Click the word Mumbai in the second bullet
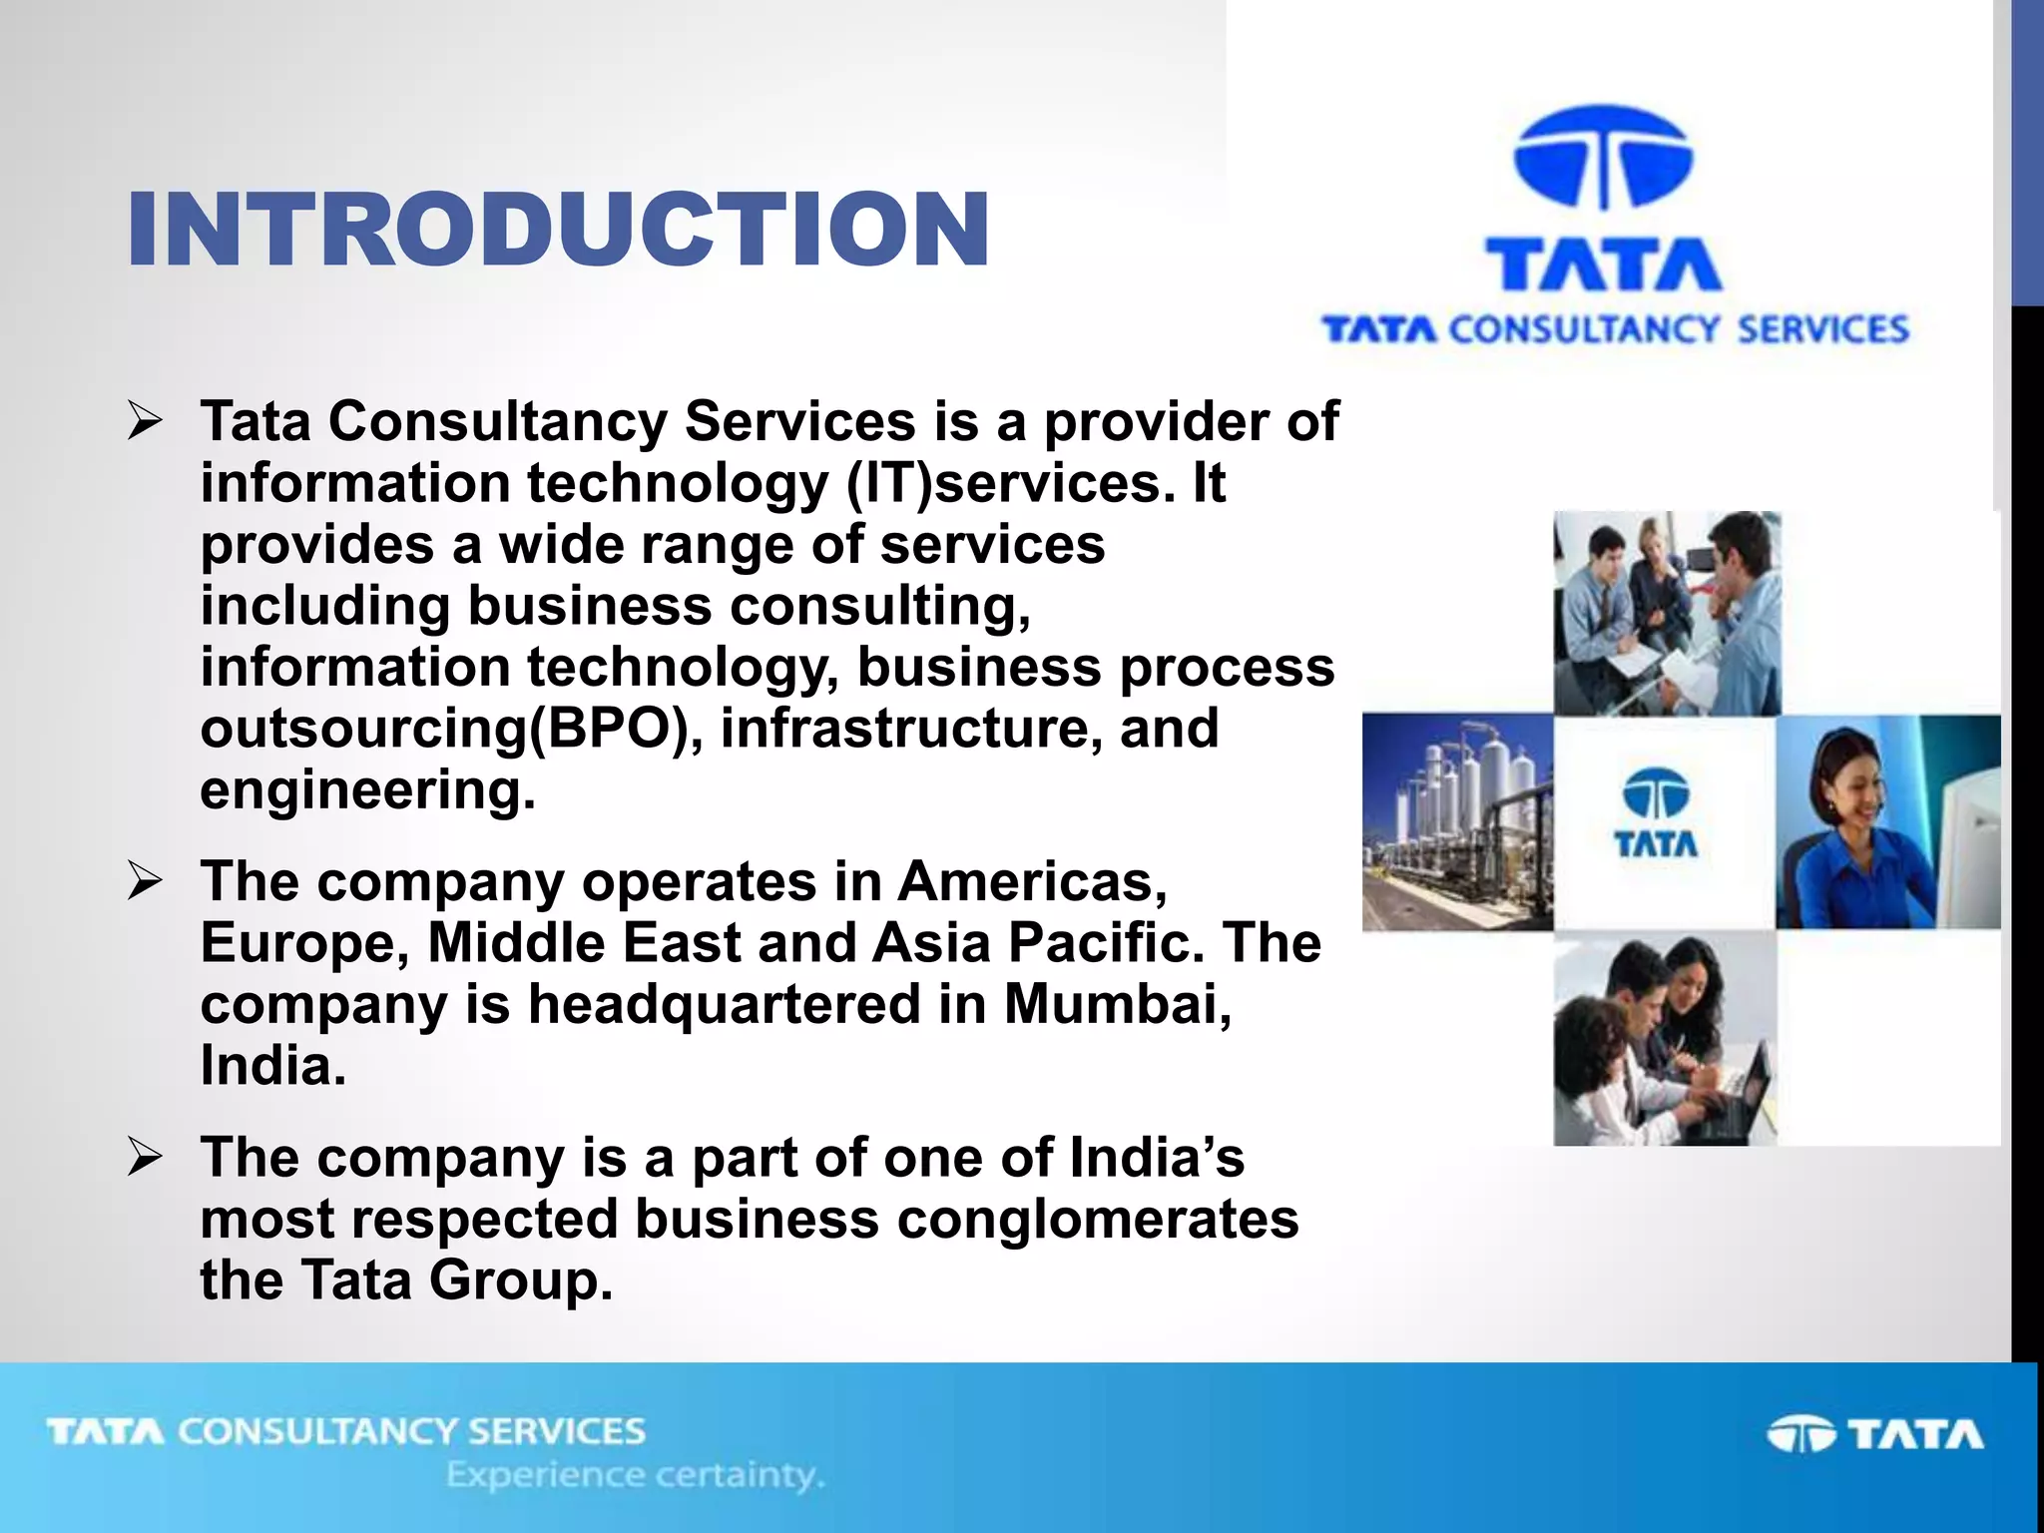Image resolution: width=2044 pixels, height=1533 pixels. click(1116, 1004)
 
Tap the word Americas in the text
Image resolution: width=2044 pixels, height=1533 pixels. click(1031, 882)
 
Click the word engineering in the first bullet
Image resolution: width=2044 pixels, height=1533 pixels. click(367, 790)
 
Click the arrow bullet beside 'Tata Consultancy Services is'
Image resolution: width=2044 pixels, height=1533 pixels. click(145, 421)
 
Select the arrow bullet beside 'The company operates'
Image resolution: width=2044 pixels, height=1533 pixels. click(145, 882)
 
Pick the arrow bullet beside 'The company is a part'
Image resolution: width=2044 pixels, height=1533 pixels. click(145, 1158)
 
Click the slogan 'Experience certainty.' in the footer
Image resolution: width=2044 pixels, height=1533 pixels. click(635, 1474)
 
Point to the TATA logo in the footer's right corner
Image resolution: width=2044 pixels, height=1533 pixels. click(1874, 1434)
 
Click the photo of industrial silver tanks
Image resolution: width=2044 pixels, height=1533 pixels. click(1457, 821)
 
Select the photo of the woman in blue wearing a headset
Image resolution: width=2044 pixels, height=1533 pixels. click(1886, 821)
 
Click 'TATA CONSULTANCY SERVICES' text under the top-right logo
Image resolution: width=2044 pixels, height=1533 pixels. click(1615, 329)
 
